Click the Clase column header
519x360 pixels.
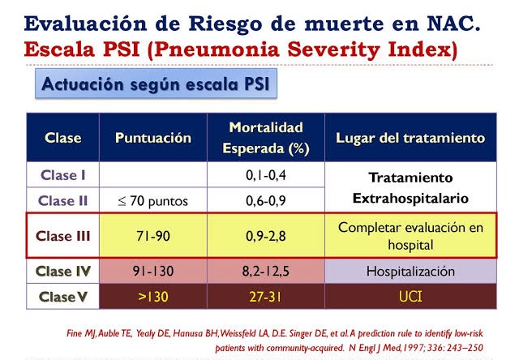click(x=62, y=138)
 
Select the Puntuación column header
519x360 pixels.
click(x=153, y=138)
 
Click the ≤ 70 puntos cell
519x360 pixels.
click(x=153, y=200)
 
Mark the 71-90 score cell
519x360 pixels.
click(x=153, y=237)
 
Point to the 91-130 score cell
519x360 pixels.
click(x=153, y=271)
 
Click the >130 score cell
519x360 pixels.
click(x=153, y=296)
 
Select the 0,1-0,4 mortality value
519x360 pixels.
click(x=266, y=174)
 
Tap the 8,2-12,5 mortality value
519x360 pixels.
click(x=266, y=271)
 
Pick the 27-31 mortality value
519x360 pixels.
click(x=266, y=296)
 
